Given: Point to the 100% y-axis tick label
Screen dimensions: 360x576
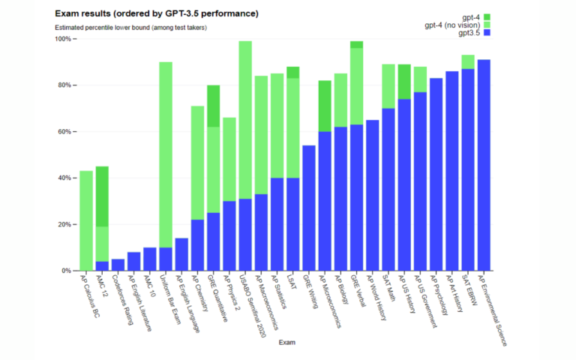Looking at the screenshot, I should click(x=63, y=38).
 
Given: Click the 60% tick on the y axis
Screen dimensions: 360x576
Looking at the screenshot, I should click(x=64, y=131).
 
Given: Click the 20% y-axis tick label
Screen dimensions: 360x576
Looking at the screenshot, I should click(x=64, y=224).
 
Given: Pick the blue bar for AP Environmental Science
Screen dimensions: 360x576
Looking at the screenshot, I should click(x=484, y=165).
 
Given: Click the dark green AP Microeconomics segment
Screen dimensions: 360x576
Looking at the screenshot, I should click(x=324, y=106).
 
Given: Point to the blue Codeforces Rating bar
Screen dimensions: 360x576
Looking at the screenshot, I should click(x=118, y=265).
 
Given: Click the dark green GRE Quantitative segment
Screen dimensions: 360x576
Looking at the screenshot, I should click(x=214, y=106).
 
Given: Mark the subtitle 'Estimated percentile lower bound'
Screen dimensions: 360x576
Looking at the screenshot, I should click(x=130, y=28).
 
